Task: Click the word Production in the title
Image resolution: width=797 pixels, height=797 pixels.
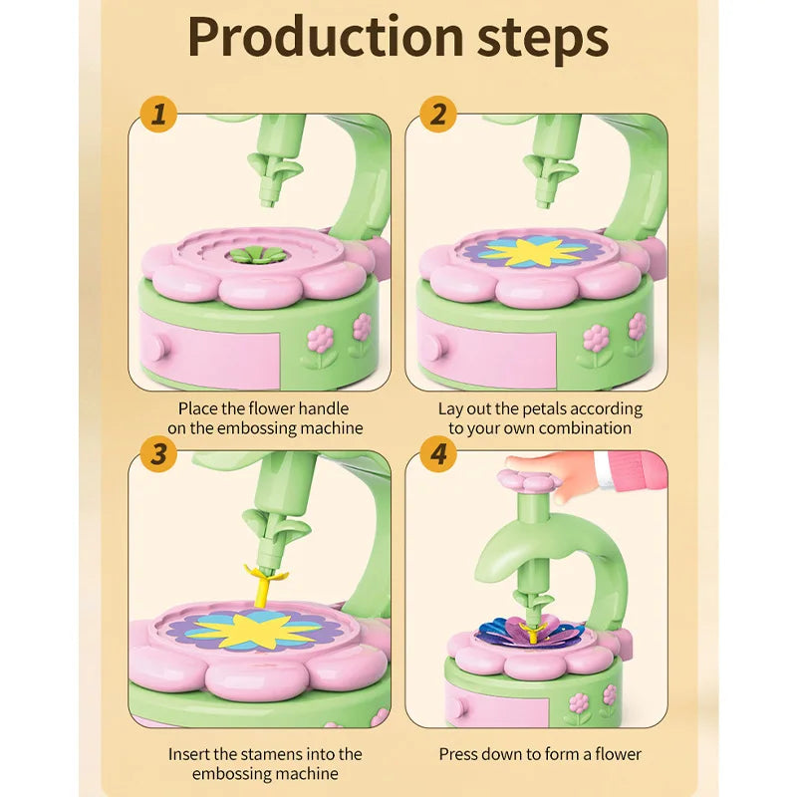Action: [326, 37]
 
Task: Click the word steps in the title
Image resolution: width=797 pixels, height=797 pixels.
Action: [543, 41]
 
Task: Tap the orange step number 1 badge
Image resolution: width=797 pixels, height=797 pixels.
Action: [158, 114]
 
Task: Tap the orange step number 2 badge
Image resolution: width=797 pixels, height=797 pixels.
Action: [438, 114]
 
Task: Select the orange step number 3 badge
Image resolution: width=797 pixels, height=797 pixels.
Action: [158, 453]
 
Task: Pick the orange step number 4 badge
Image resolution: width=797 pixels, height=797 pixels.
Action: [438, 453]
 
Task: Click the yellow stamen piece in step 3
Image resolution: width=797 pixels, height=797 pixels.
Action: [265, 585]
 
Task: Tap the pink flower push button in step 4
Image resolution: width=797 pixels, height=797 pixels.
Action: [530, 480]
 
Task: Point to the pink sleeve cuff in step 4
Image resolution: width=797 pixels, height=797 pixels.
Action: [603, 470]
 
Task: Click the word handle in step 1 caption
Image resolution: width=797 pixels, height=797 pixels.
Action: [323, 408]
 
